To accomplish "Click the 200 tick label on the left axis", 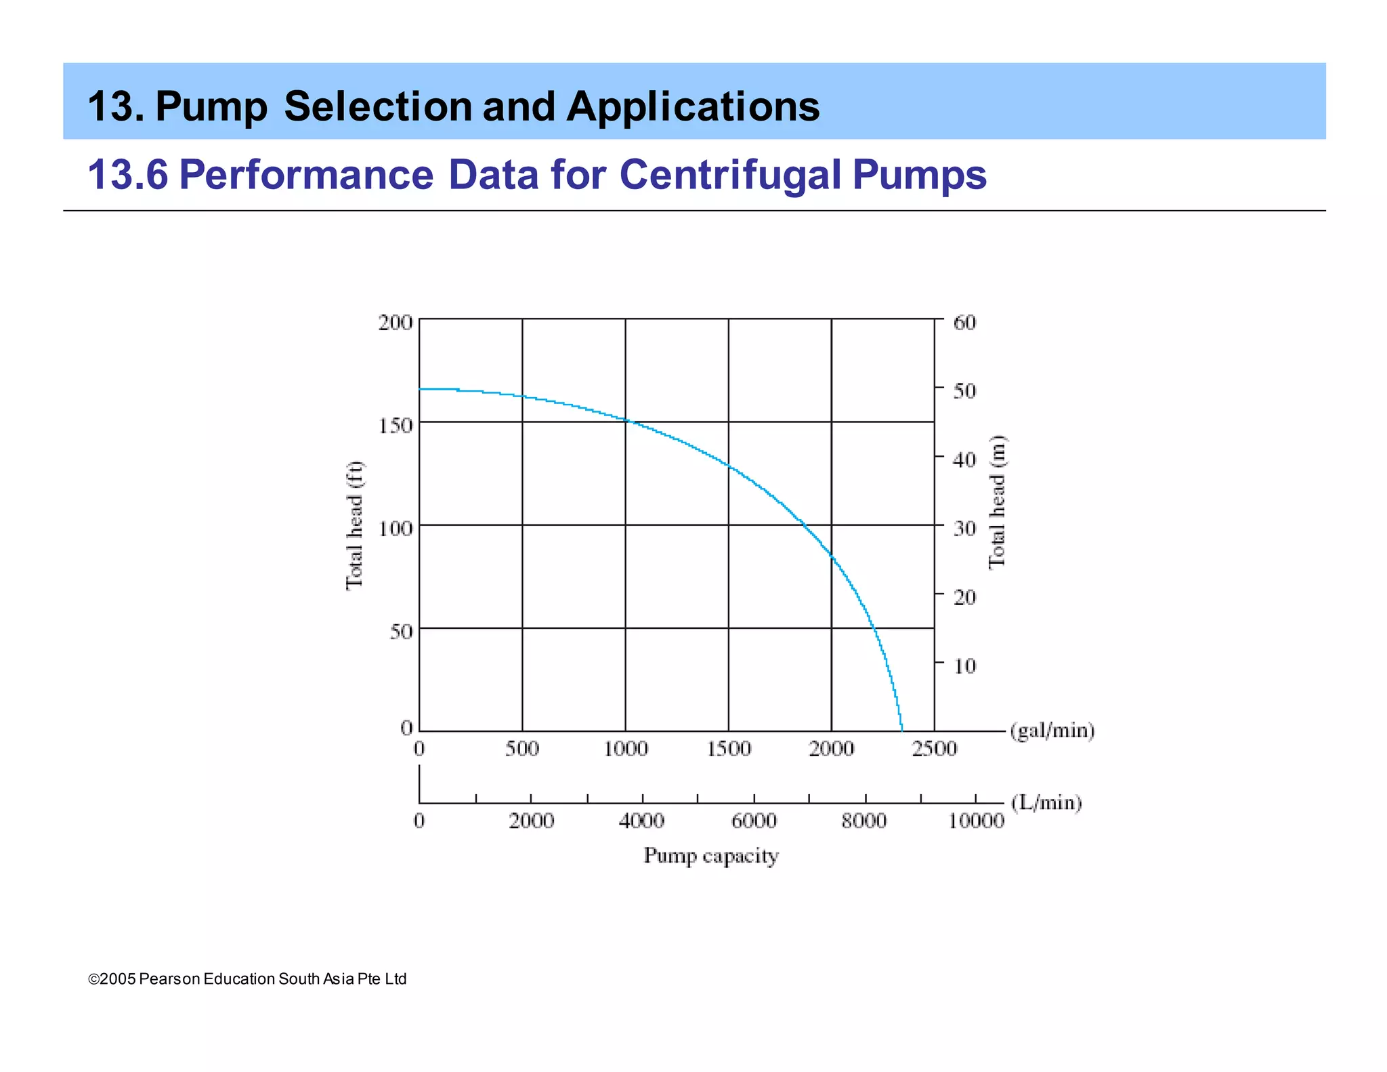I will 396,323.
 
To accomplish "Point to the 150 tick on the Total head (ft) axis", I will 396,426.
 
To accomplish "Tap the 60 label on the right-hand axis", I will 964,323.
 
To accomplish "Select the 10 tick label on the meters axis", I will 964,666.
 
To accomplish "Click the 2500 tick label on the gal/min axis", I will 935,749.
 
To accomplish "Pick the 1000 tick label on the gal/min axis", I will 626,749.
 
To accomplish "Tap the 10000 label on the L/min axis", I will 976,821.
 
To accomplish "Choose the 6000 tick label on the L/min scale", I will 754,821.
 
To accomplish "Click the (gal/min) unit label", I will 1052,730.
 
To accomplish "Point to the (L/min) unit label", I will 1046,802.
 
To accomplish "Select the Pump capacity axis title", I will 711,856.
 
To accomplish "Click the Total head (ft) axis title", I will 355,525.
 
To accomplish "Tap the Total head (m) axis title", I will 997,501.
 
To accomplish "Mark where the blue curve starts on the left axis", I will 420,389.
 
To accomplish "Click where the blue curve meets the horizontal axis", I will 902,730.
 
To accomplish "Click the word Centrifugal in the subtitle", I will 730,175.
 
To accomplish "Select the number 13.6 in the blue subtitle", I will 127,175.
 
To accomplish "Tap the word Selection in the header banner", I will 378,106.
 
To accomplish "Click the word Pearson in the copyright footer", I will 169,979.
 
